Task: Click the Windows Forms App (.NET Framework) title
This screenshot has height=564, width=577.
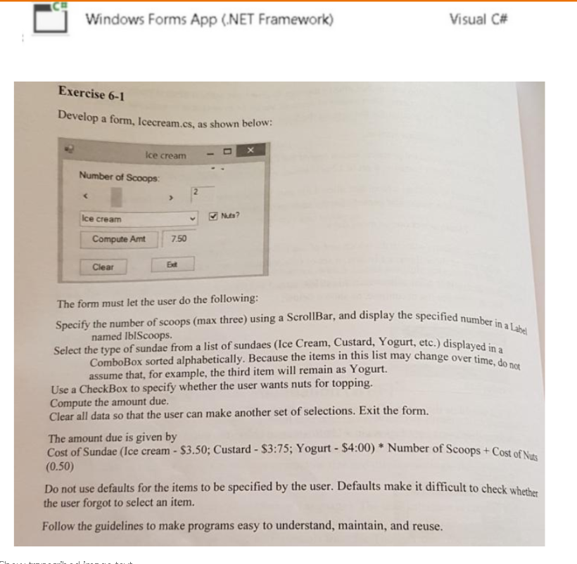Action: pyautogui.click(x=209, y=19)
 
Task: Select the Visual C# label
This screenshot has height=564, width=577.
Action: pyautogui.click(x=478, y=19)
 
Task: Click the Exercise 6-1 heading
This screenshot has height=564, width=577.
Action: pyautogui.click(x=87, y=94)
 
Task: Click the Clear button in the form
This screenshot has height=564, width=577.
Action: pyautogui.click(x=103, y=267)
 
